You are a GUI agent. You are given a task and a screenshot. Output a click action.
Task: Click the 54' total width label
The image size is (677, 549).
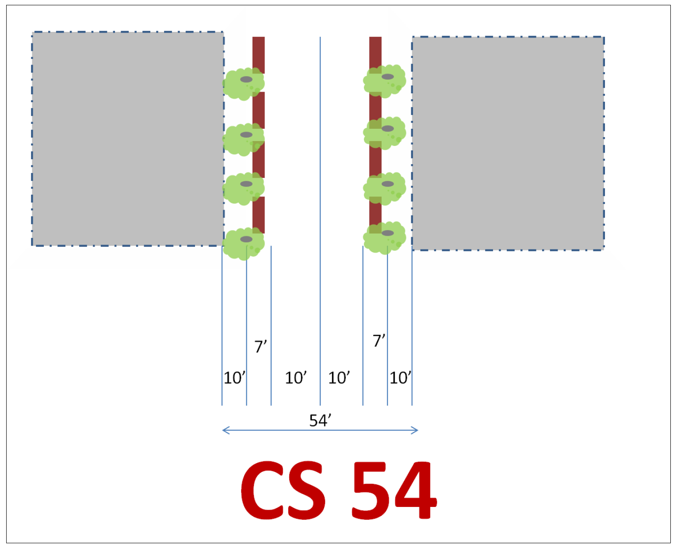coord(320,420)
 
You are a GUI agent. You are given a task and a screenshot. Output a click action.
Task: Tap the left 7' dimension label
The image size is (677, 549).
coord(260,346)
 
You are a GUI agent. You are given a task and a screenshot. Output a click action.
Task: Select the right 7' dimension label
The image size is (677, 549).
coord(379,341)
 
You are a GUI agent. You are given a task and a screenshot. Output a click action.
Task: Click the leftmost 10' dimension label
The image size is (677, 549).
coord(234,378)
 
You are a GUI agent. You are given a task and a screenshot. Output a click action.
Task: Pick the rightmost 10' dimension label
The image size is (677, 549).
coord(400,378)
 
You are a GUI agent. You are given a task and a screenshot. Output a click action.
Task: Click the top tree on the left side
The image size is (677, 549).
coord(244,83)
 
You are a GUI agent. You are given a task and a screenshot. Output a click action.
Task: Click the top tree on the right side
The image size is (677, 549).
coord(385,81)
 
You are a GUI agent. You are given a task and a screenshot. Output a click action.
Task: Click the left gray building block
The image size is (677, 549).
coord(127,138)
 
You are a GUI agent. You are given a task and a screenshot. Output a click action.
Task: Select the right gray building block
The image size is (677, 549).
coord(508,143)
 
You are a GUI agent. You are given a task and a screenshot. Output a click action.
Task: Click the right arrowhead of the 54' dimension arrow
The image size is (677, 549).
coord(416,430)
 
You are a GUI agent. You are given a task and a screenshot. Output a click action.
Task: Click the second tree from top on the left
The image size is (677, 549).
coord(244,139)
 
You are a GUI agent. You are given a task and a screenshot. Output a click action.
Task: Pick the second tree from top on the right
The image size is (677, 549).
coord(385,132)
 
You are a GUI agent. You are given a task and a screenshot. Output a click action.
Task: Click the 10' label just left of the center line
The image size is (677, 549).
coord(296,378)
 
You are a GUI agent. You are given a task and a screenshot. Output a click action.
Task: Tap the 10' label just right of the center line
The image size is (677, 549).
coord(339,378)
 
